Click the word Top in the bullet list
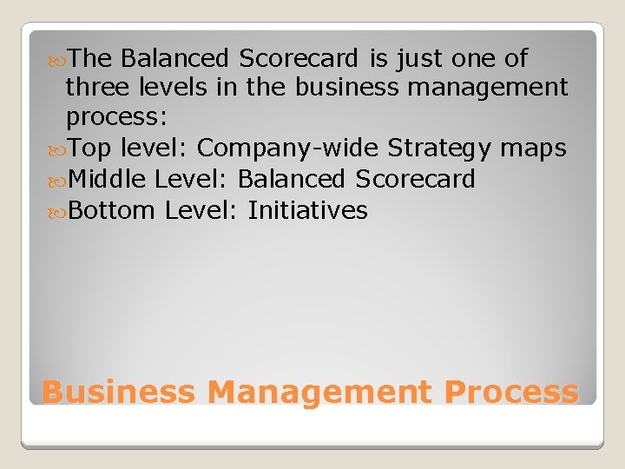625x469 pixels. point(90,149)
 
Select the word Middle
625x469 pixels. point(108,180)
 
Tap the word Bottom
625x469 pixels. point(112,210)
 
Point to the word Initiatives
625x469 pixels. point(307,210)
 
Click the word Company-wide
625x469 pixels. point(287,149)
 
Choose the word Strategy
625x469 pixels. point(439,149)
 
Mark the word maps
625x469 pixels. point(533,149)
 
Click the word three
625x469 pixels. point(98,88)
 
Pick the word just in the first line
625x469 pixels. point(423,58)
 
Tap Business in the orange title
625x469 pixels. point(119,392)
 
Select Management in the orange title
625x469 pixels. point(319,392)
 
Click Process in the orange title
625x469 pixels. point(510,392)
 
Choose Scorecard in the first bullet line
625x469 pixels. point(298,58)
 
